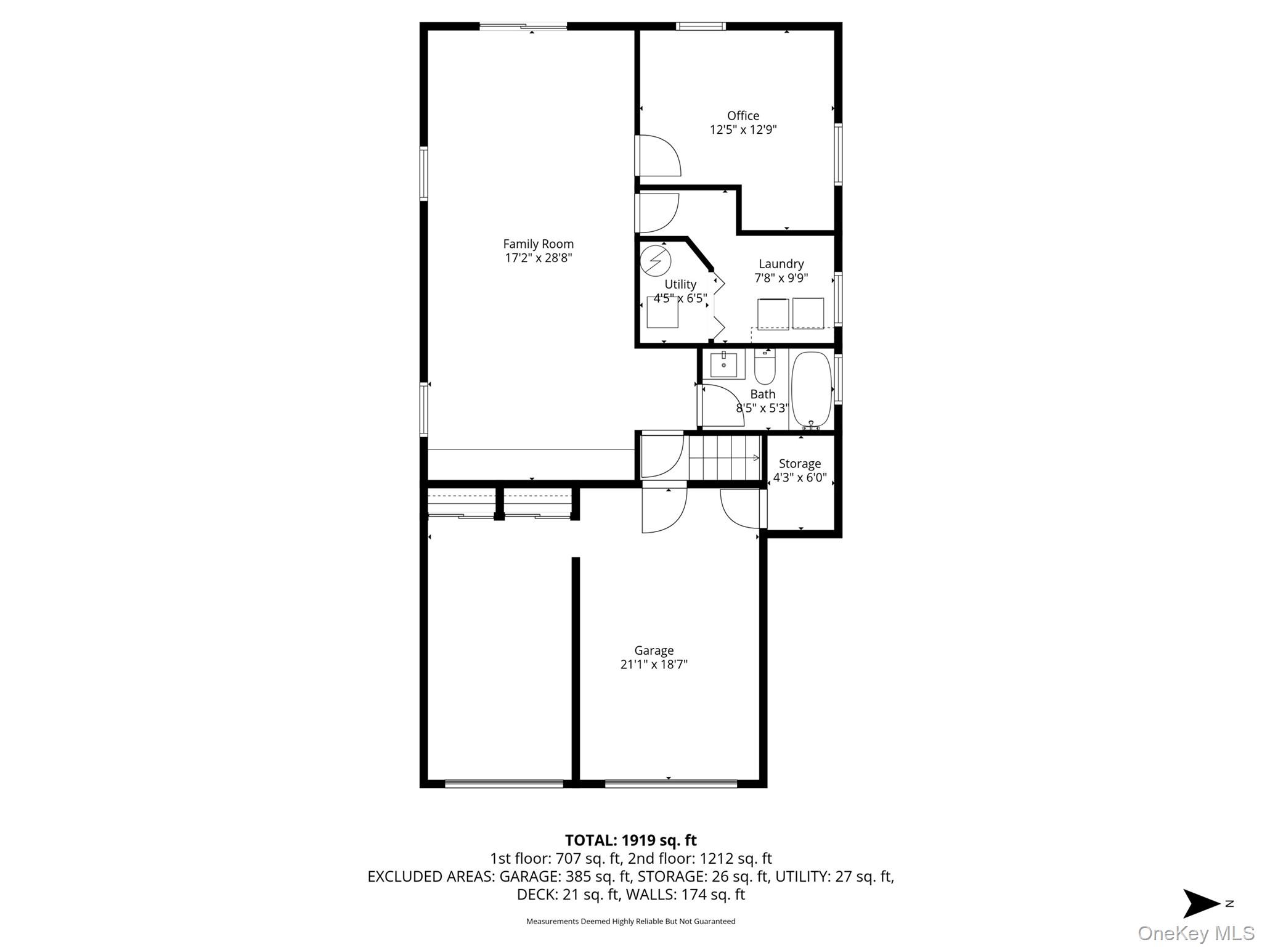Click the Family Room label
(538, 244)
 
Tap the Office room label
(743, 116)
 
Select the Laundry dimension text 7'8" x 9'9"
(781, 278)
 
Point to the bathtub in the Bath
(812, 390)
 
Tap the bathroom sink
(723, 365)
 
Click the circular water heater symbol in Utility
(655, 260)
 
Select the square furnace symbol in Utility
(662, 312)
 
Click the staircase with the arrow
(725, 457)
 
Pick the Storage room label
(800, 464)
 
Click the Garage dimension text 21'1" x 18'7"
(654, 665)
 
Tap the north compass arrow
(1201, 904)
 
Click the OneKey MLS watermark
(1196, 933)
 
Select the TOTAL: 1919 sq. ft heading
(631, 840)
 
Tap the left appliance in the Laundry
(773, 314)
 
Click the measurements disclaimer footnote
(630, 922)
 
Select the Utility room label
(680, 285)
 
